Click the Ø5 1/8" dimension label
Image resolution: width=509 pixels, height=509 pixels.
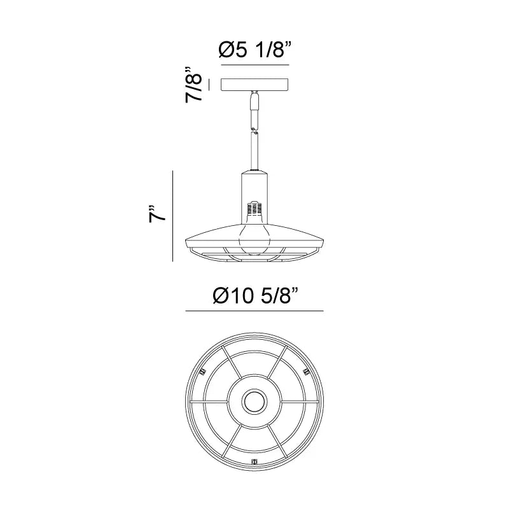tap(255, 50)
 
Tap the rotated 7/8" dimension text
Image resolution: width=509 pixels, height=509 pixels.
tap(194, 85)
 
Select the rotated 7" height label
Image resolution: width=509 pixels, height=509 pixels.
tap(157, 214)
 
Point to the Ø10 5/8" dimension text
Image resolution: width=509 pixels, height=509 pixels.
tap(256, 296)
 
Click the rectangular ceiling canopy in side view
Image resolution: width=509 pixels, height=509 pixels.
tap(255, 85)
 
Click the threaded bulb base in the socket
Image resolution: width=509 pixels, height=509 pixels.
tap(254, 209)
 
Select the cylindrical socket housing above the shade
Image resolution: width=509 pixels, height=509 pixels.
tap(254, 198)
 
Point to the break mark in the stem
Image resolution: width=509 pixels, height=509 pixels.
tap(254, 132)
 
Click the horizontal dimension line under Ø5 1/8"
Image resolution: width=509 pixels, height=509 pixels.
tap(255, 65)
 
